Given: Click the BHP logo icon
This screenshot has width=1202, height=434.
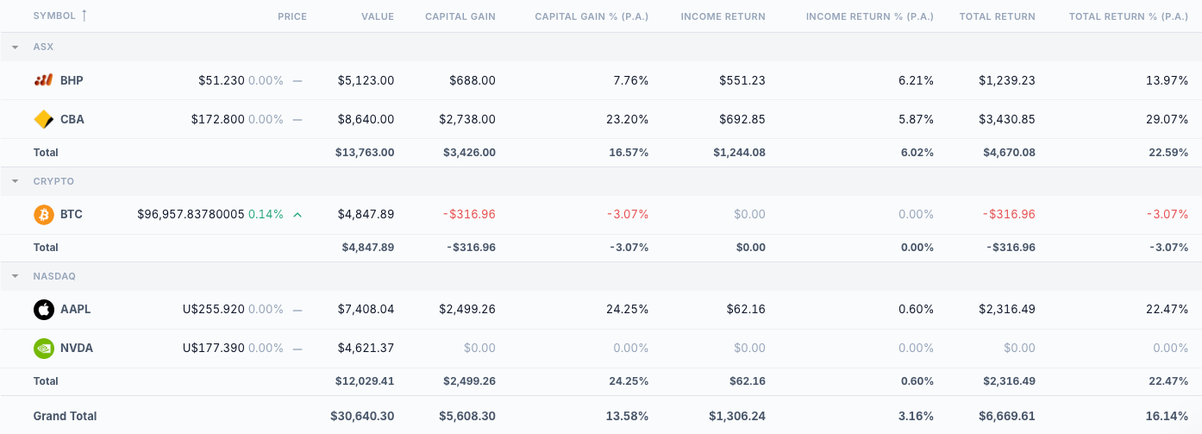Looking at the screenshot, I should (x=43, y=80).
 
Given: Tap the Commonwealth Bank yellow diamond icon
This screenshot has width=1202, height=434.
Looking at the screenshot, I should (x=43, y=119).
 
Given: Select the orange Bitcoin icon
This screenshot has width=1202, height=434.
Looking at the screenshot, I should (x=43, y=214).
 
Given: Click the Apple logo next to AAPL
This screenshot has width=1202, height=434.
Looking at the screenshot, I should (x=43, y=309).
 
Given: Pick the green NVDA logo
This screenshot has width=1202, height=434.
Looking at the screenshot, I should (x=43, y=348).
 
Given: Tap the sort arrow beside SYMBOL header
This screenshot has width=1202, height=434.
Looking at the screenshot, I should (x=84, y=16).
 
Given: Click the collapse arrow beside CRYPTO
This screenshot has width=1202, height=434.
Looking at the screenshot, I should (x=15, y=181).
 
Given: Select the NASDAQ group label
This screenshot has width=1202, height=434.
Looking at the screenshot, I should (x=54, y=276).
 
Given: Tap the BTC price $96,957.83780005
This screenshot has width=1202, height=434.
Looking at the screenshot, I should (x=191, y=214).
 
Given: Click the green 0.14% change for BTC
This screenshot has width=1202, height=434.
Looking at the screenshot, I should (x=266, y=214).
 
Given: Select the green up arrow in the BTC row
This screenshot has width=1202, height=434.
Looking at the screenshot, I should (x=297, y=214).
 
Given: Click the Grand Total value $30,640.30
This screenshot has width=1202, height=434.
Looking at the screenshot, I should (x=361, y=416).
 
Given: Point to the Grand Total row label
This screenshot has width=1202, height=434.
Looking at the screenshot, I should (x=65, y=416).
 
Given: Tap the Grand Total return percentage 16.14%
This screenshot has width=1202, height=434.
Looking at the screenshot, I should (x=1167, y=416).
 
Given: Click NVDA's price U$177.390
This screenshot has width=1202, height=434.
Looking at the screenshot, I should (x=213, y=348).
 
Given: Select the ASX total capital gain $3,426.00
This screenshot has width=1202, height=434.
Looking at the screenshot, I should (x=466, y=153).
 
